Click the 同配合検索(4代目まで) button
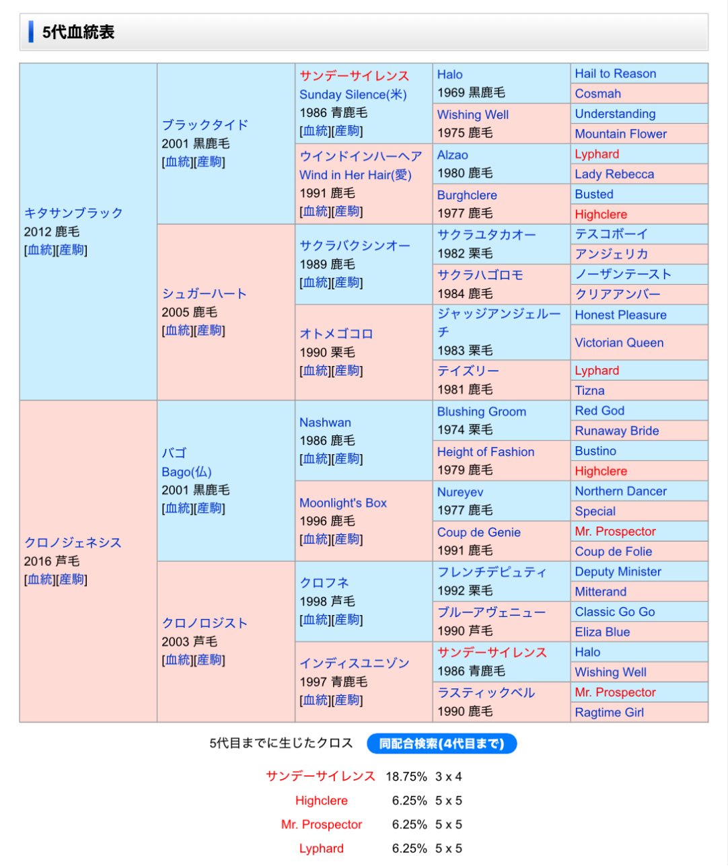pyautogui.click(x=441, y=744)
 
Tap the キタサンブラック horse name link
pyautogui.click(x=73, y=213)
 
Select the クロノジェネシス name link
pyautogui.click(x=73, y=542)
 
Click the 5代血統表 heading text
pyautogui.click(x=78, y=32)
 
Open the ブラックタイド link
pyautogui.click(x=205, y=124)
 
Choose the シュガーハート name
pyautogui.click(x=204, y=293)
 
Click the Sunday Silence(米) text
pyautogui.click(x=353, y=94)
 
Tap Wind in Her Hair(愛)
pyautogui.click(x=355, y=175)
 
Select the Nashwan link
pyautogui.click(x=325, y=423)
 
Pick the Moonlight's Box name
pyautogui.click(x=343, y=503)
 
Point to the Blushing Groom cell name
pyautogui.click(x=481, y=412)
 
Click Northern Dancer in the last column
pyautogui.click(x=620, y=491)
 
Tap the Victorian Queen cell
pyautogui.click(x=619, y=342)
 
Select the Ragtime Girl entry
pyautogui.click(x=609, y=713)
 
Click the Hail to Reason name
pyautogui.click(x=615, y=73)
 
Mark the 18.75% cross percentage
pyautogui.click(x=406, y=777)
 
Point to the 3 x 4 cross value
pyautogui.click(x=448, y=777)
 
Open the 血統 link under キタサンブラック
pyautogui.click(x=40, y=250)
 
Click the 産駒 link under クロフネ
pyautogui.click(x=347, y=620)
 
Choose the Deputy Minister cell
pyautogui.click(x=618, y=572)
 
